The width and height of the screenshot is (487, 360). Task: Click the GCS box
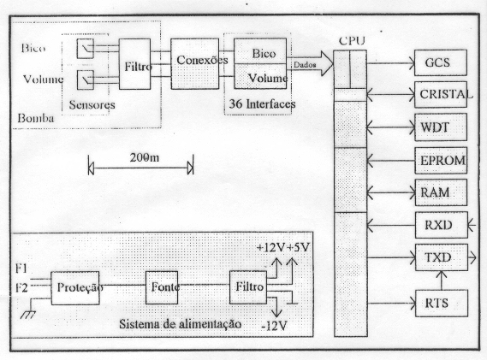[x=441, y=62]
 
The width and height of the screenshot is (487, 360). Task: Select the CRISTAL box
[x=441, y=95]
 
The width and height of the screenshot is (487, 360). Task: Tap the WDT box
[x=441, y=127]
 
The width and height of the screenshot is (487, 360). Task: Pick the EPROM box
[x=441, y=161]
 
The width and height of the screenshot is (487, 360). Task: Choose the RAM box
[x=441, y=192]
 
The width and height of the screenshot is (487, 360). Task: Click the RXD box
[x=441, y=225]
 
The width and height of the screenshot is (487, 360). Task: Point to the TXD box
[x=441, y=257]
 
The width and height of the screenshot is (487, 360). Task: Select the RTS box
[x=441, y=304]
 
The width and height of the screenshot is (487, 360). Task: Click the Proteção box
[x=75, y=288]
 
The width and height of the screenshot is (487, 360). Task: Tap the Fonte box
[x=162, y=287]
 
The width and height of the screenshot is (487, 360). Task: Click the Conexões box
[x=195, y=64]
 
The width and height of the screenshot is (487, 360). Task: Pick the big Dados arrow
[x=310, y=64]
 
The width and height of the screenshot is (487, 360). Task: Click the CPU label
[x=352, y=41]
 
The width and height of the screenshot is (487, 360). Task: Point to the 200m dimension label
[x=145, y=157]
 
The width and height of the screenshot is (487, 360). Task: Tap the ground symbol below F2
[x=27, y=315]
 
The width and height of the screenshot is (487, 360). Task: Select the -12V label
[x=274, y=326]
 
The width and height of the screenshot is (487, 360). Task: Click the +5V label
[x=298, y=247]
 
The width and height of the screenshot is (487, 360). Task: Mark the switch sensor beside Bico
[x=86, y=49]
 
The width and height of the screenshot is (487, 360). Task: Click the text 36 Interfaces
[x=263, y=104]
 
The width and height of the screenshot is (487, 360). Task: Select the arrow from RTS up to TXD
[x=442, y=280]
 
